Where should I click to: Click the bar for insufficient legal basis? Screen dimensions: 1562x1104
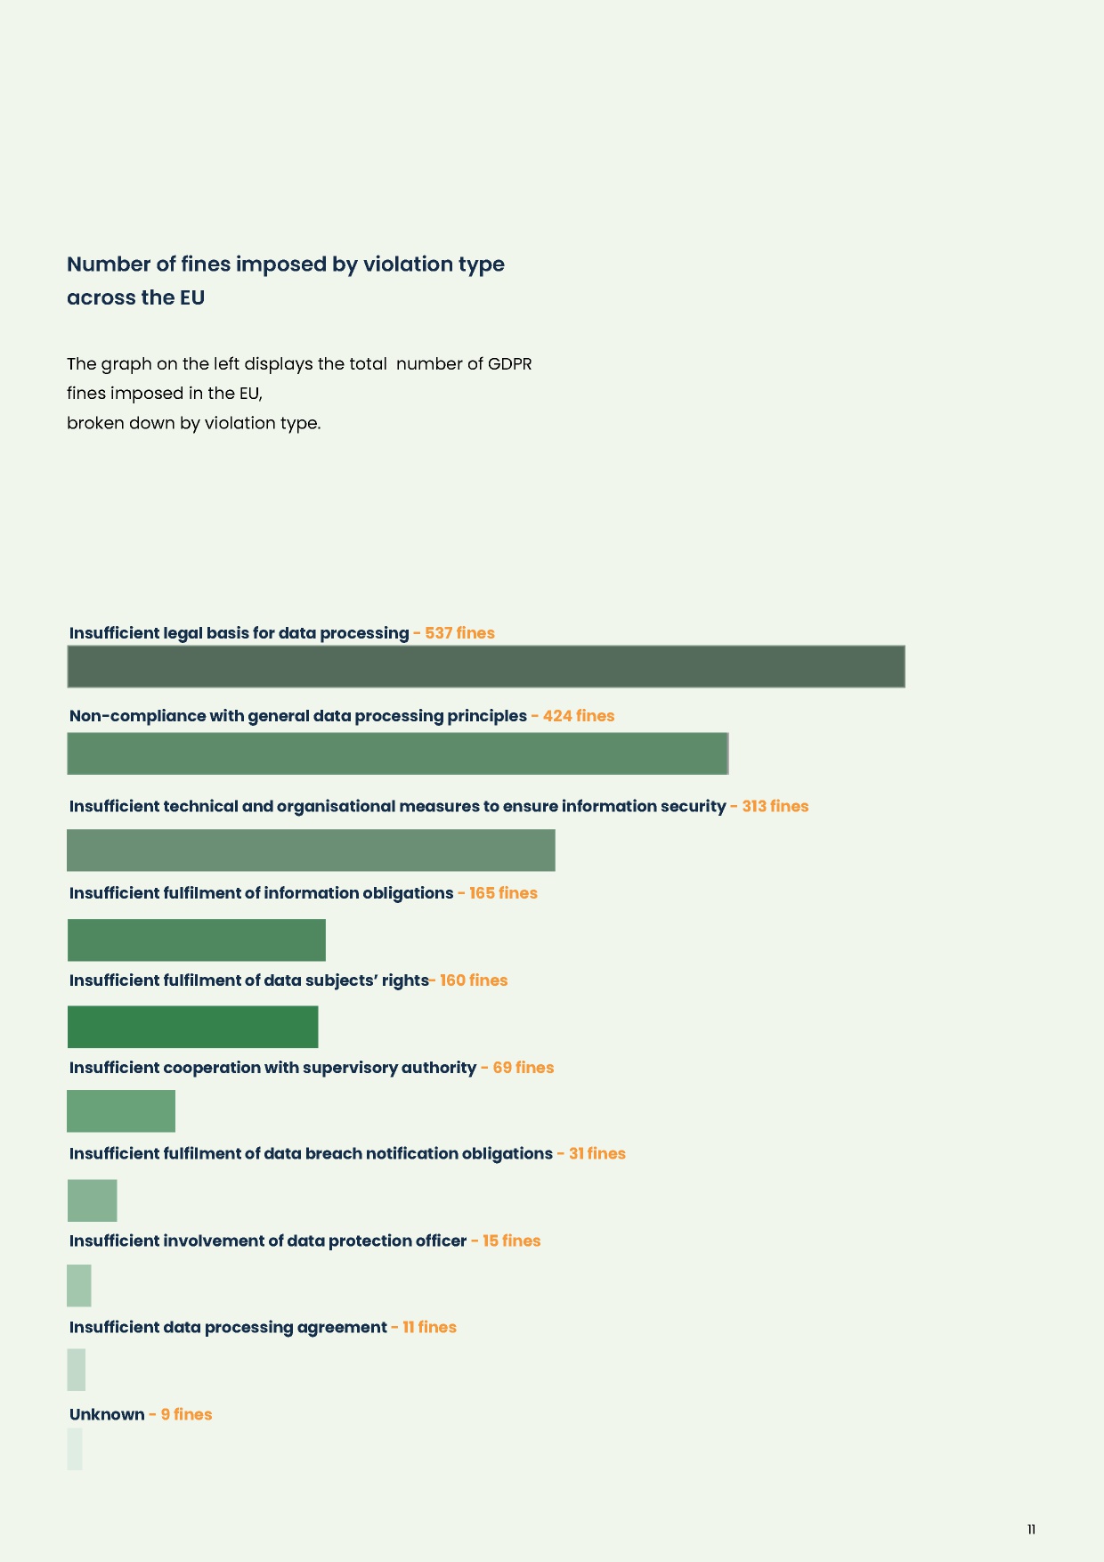point(486,666)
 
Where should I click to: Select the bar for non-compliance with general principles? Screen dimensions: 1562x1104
point(397,753)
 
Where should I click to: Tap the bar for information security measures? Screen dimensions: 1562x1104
point(311,850)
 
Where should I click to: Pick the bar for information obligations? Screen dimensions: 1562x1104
point(197,940)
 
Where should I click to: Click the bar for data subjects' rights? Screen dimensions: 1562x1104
point(192,1027)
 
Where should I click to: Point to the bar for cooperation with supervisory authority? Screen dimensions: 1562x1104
point(121,1111)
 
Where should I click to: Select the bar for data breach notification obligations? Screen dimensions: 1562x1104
point(93,1200)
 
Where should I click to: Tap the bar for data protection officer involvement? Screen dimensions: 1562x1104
point(79,1286)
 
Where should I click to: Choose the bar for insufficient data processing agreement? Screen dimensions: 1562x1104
point(77,1370)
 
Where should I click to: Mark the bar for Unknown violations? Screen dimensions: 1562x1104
point(75,1449)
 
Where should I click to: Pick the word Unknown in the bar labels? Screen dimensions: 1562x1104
point(107,1415)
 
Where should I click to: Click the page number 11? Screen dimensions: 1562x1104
point(1031,1530)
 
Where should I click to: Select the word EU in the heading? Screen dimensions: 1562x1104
point(192,297)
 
